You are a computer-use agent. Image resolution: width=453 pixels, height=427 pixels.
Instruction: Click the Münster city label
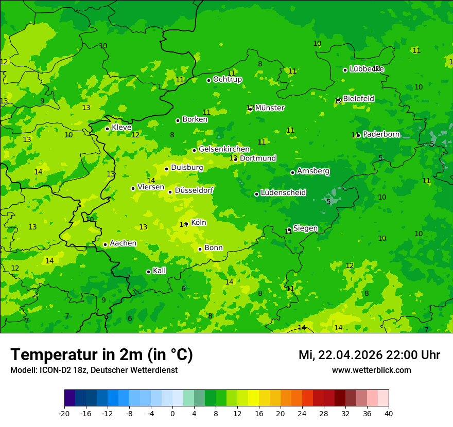coord(270,108)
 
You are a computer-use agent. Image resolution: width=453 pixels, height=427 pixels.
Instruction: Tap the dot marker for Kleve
coord(107,129)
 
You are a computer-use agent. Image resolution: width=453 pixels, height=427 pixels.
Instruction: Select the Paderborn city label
coord(381,134)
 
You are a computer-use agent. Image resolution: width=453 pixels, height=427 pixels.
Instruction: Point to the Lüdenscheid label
coord(283,193)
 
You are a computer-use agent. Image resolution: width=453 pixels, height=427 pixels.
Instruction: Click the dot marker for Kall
coord(148,272)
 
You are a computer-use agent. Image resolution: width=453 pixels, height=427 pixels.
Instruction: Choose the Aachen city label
coord(123,243)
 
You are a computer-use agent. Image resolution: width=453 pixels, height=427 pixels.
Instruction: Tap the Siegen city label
coord(305,228)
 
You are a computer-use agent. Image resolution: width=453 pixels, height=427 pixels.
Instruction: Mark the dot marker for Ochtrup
coord(208,80)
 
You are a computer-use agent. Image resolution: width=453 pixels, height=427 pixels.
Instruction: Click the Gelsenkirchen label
coord(224,149)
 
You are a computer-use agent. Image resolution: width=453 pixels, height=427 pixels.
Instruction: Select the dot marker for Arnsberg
coord(292,172)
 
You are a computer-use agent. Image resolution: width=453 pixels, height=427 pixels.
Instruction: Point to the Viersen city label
coord(150,187)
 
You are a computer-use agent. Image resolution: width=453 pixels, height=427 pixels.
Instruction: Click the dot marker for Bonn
coord(200,249)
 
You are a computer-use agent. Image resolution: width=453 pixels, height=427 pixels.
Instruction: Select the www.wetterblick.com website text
coord(371,370)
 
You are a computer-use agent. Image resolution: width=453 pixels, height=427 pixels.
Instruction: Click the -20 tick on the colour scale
coord(64,413)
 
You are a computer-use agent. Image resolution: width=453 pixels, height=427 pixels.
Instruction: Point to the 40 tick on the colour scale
coord(389,413)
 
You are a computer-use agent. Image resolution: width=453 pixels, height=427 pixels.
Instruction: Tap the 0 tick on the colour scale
coord(172,413)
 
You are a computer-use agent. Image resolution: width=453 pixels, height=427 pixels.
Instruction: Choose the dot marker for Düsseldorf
coord(170,192)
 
